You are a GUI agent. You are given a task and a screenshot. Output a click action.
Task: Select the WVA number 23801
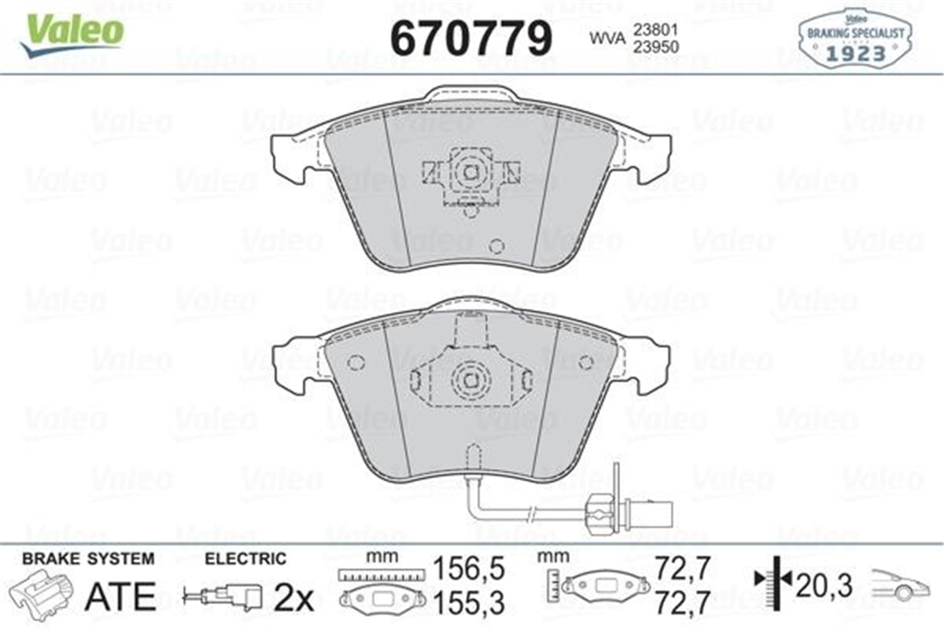tap(649, 31)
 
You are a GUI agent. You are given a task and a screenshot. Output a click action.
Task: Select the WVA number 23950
tap(649, 46)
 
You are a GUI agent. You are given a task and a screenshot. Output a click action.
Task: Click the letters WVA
tap(605, 38)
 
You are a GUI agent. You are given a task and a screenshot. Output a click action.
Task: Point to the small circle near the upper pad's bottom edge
tap(496, 245)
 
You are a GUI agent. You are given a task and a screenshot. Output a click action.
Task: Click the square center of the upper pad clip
tap(469, 171)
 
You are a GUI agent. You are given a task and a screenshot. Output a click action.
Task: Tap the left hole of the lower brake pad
tap(356, 362)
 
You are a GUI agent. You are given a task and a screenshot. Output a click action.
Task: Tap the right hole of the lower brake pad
tap(585, 362)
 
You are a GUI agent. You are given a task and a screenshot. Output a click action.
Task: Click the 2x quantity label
tap(293, 599)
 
